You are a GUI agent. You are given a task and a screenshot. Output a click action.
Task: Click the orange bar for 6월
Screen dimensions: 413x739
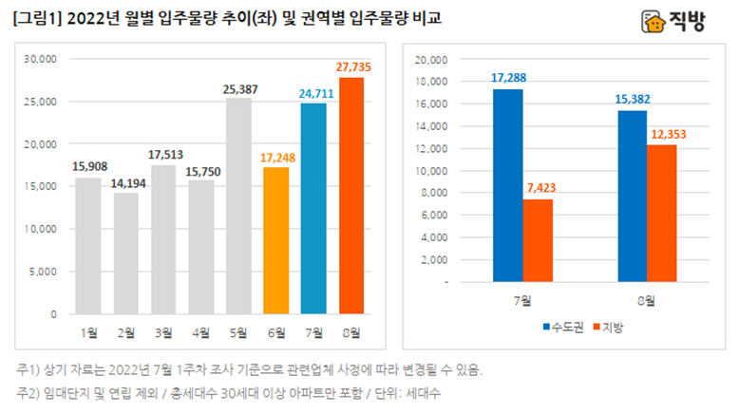coord(276,240)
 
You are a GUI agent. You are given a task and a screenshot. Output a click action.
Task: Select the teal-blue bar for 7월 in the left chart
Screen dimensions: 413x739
coord(313,208)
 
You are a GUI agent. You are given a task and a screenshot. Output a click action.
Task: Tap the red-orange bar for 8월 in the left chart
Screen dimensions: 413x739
coord(351,196)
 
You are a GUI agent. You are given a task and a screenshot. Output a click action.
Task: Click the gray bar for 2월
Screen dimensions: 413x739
coord(125,253)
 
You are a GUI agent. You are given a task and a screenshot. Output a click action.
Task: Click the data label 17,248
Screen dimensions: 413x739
coord(276,156)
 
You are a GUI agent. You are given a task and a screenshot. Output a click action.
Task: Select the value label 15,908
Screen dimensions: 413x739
coord(88,167)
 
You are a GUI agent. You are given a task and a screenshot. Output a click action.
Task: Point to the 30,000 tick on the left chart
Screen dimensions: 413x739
coord(41,59)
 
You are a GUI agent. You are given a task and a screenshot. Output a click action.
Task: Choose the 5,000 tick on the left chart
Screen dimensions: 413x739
coord(44,272)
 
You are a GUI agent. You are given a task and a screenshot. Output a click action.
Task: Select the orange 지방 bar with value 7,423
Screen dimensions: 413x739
coord(539,240)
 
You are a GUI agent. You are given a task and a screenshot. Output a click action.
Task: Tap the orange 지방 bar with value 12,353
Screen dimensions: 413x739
coord(663,213)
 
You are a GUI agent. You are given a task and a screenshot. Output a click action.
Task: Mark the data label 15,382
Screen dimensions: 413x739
coord(632,98)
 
